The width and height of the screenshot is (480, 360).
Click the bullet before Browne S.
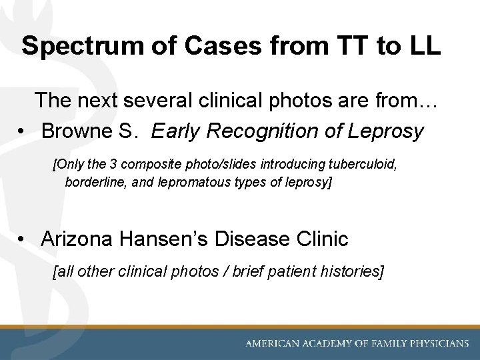[23, 132]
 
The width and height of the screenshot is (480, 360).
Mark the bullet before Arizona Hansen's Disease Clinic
[23, 239]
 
